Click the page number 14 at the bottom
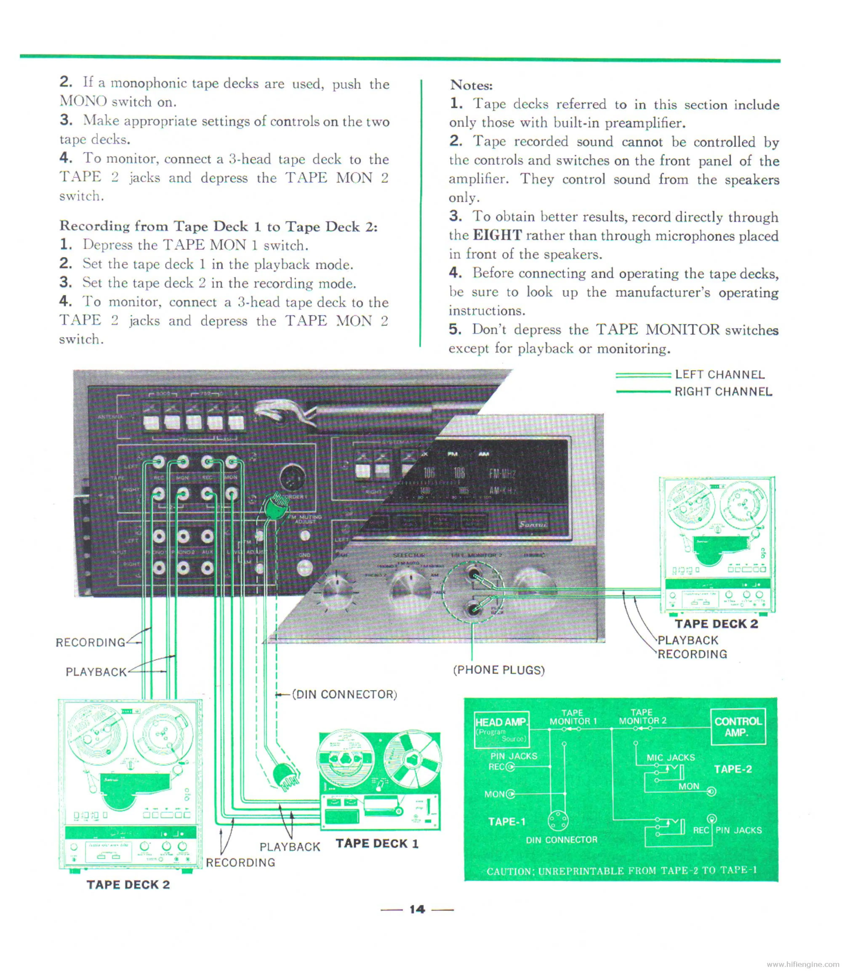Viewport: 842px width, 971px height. click(417, 910)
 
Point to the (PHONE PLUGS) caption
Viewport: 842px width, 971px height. click(498, 670)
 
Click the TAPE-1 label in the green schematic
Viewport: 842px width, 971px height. click(506, 822)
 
